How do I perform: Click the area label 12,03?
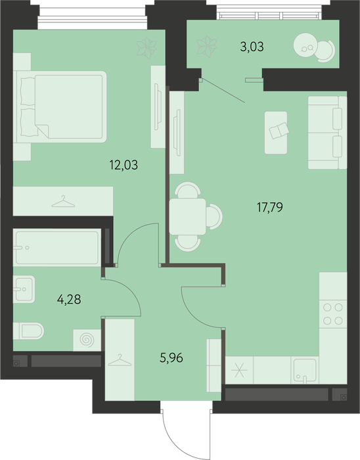(x=124, y=165)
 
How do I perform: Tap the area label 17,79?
(x=270, y=208)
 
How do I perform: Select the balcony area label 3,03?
(x=252, y=47)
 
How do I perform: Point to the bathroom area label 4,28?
(x=69, y=300)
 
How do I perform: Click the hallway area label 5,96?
(x=171, y=358)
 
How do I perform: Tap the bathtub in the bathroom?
(x=57, y=248)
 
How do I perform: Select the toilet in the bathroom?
(x=28, y=331)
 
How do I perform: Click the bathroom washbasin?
(x=24, y=289)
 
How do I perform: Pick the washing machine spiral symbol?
(x=87, y=340)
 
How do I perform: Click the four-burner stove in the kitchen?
(x=332, y=314)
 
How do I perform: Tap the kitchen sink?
(x=305, y=369)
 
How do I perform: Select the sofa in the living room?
(x=327, y=133)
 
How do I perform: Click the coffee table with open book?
(x=276, y=133)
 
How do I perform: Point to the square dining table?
(x=188, y=216)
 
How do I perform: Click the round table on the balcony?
(x=305, y=45)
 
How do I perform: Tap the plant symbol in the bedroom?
(x=146, y=47)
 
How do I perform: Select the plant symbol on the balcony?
(x=207, y=47)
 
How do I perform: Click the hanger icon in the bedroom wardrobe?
(x=63, y=202)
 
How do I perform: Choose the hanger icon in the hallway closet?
(x=120, y=360)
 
